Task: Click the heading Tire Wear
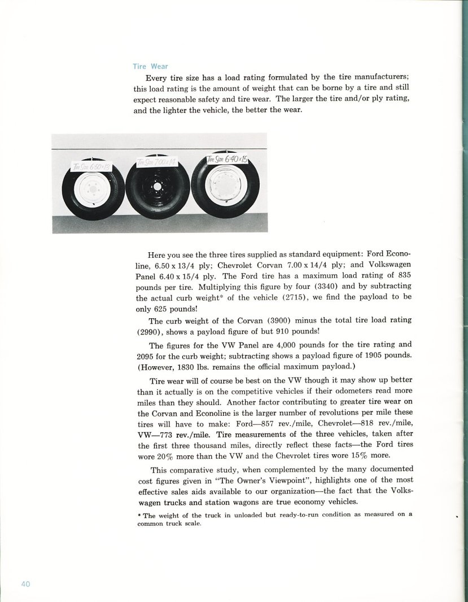pos(150,66)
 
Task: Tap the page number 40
pos(26,584)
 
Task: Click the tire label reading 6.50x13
pos(91,165)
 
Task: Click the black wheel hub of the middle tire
pos(158,186)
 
